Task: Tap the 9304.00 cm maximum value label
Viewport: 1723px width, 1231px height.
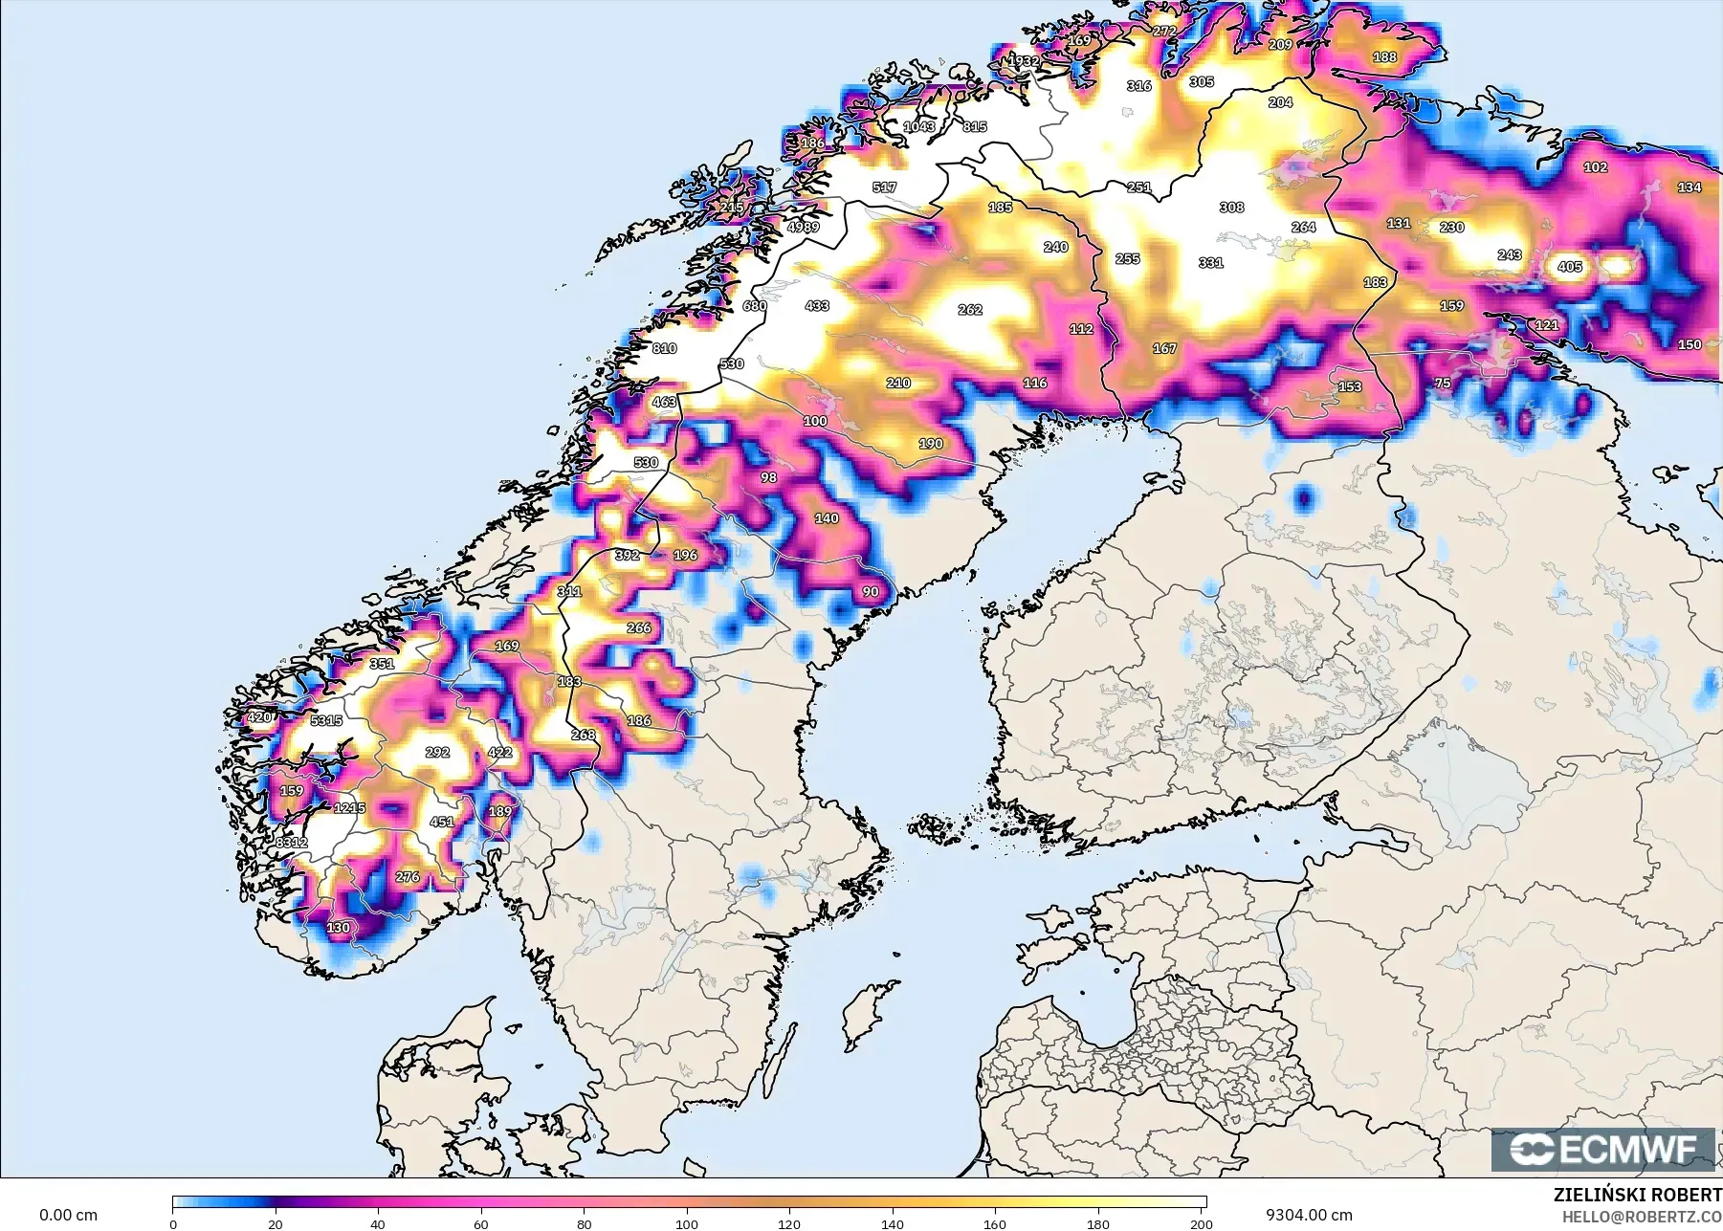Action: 1308,1215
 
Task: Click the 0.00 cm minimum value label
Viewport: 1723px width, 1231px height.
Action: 68,1215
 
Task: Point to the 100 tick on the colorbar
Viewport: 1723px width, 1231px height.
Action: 687,1223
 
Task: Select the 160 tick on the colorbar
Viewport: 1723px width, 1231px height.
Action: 995,1223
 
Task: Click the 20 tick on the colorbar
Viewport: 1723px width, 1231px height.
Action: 276,1223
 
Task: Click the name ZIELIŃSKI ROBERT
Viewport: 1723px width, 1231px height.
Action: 1637,1195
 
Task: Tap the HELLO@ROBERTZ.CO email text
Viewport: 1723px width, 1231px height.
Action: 1642,1217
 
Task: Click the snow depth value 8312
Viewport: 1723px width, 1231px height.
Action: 292,843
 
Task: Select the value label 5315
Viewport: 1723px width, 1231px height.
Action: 326,720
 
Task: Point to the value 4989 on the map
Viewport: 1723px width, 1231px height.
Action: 803,227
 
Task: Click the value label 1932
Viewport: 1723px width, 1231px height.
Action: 1024,60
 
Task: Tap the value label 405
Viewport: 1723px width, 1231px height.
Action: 1569,267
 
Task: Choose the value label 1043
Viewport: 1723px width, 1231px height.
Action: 918,126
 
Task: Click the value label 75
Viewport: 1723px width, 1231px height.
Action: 1443,383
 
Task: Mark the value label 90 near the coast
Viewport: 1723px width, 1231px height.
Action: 870,591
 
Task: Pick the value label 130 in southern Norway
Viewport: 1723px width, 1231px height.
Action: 338,928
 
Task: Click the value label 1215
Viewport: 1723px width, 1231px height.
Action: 349,807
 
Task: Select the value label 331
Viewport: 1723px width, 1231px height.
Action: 1210,262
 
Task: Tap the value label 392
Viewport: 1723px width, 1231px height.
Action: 627,555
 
